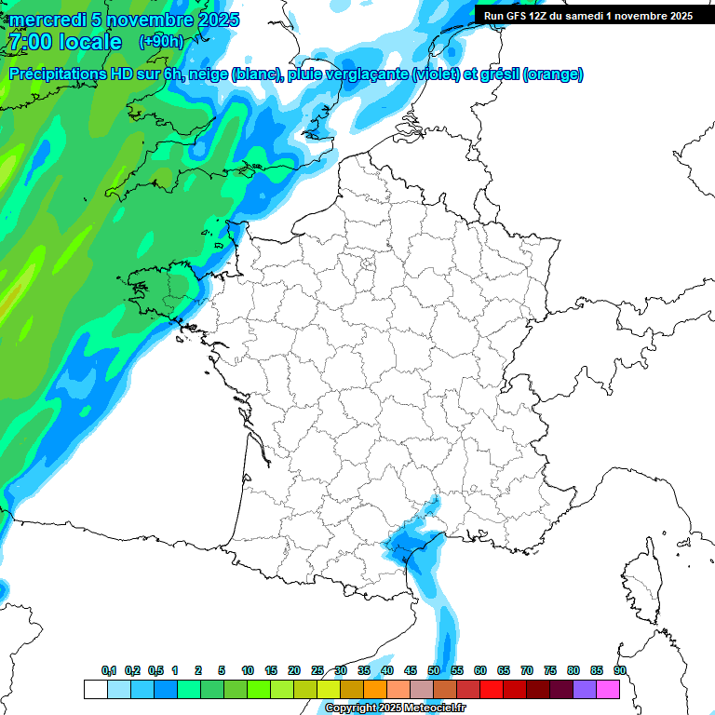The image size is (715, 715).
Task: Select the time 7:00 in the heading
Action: coord(29,42)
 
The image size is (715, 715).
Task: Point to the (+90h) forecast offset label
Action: coord(161,42)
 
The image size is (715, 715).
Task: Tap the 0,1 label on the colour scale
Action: coord(109,670)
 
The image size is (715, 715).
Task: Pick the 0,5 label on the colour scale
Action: coord(155,670)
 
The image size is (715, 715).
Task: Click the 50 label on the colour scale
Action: coord(434,670)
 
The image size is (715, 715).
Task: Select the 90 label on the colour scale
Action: coord(620,670)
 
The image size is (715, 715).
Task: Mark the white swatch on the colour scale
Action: coord(95,689)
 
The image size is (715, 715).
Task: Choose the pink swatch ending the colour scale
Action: coord(608,689)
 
